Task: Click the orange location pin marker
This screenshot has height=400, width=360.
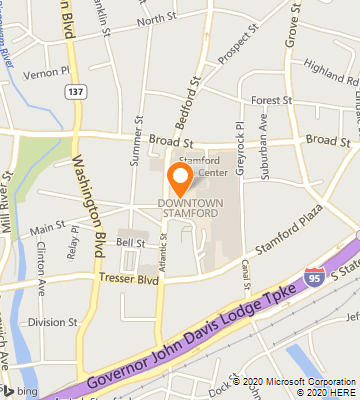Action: (x=180, y=178)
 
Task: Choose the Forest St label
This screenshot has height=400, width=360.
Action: (x=271, y=101)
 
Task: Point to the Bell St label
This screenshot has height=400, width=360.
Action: (x=131, y=243)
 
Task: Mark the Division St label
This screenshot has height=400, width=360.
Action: (x=53, y=322)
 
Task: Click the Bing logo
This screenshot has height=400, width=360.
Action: (x=20, y=390)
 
